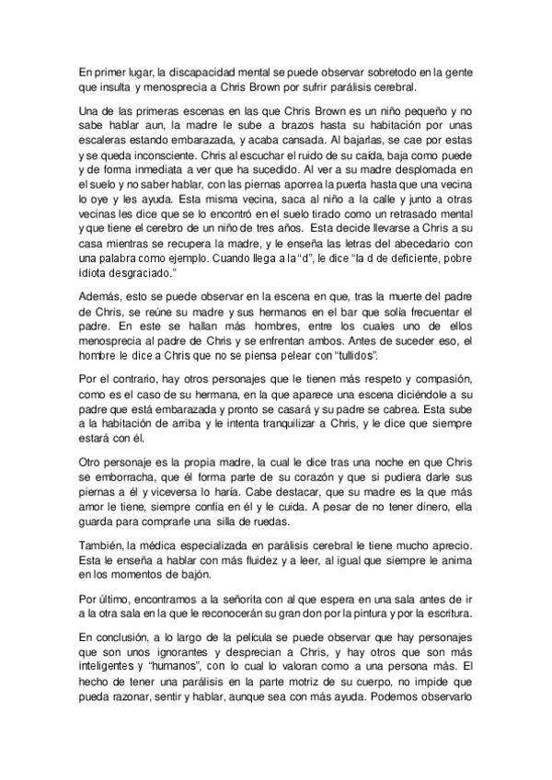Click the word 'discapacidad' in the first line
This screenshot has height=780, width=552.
point(187,72)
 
